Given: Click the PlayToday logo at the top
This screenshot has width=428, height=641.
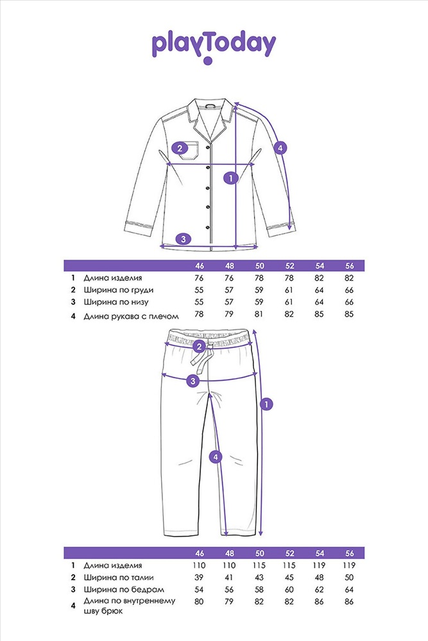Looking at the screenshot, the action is click(x=214, y=47).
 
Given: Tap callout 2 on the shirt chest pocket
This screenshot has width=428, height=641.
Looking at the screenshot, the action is click(x=180, y=148).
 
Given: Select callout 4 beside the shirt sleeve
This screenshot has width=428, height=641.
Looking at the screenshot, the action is click(x=280, y=147).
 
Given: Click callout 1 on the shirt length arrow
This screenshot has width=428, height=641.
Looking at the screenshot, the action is click(x=231, y=178).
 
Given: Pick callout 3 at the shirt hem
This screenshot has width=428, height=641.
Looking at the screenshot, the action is click(x=184, y=238).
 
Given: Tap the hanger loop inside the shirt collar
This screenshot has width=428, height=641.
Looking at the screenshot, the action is click(x=210, y=105).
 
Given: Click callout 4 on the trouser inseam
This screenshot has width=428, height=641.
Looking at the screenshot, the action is click(x=216, y=457).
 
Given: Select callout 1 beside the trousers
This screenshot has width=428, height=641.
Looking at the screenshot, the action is click(x=266, y=404).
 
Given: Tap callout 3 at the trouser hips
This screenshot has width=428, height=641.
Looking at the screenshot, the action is click(x=193, y=381).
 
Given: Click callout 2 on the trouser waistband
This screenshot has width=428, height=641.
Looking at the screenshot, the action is click(x=199, y=347).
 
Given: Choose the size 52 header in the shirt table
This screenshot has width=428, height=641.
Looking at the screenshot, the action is click(x=289, y=266).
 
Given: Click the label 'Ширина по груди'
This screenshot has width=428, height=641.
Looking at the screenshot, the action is click(x=119, y=290).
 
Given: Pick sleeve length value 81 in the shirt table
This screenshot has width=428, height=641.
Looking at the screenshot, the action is click(x=259, y=314).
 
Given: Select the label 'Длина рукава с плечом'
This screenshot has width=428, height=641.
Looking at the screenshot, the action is click(x=132, y=316).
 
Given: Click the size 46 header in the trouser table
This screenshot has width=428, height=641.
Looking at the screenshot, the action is click(x=200, y=553).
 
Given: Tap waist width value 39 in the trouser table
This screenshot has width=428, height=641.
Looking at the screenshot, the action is click(x=199, y=578).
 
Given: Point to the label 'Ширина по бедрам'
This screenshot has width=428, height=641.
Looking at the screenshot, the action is click(x=124, y=590).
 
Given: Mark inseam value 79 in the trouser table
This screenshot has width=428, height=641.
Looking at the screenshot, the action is click(x=229, y=602).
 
